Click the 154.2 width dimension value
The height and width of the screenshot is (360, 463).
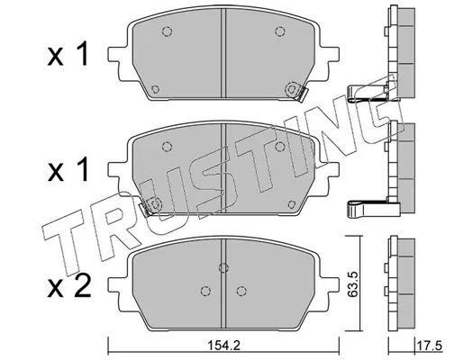click(223, 346)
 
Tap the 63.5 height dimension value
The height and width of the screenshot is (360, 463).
click(353, 283)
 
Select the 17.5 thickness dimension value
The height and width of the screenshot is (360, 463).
click(430, 346)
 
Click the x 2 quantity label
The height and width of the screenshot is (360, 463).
click(68, 286)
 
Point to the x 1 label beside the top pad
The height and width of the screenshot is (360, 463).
click(68, 54)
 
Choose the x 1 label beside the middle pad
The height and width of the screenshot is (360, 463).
click(68, 170)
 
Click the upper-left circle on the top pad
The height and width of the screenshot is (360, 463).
click(167, 31)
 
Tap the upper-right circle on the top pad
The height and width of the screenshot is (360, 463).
click(280, 31)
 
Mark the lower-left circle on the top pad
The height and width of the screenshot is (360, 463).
click(155, 89)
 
